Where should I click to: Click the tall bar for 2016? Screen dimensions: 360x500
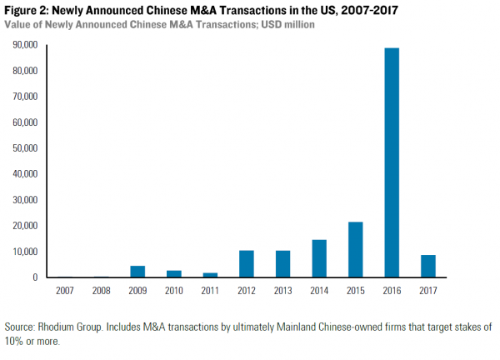click(392, 162)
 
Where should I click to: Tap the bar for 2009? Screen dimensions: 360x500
click(137, 271)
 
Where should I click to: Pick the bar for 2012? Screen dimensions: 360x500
click(247, 263)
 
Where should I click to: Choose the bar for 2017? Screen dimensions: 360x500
click(428, 266)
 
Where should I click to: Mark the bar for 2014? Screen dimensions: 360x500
click(319, 258)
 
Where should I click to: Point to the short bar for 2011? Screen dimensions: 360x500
click(210, 274)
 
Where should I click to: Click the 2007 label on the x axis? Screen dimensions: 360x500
click(65, 291)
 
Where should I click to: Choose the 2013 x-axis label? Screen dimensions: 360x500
click(283, 291)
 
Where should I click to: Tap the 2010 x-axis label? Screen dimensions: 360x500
click(174, 291)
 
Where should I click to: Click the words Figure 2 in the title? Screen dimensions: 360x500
click(27, 9)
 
